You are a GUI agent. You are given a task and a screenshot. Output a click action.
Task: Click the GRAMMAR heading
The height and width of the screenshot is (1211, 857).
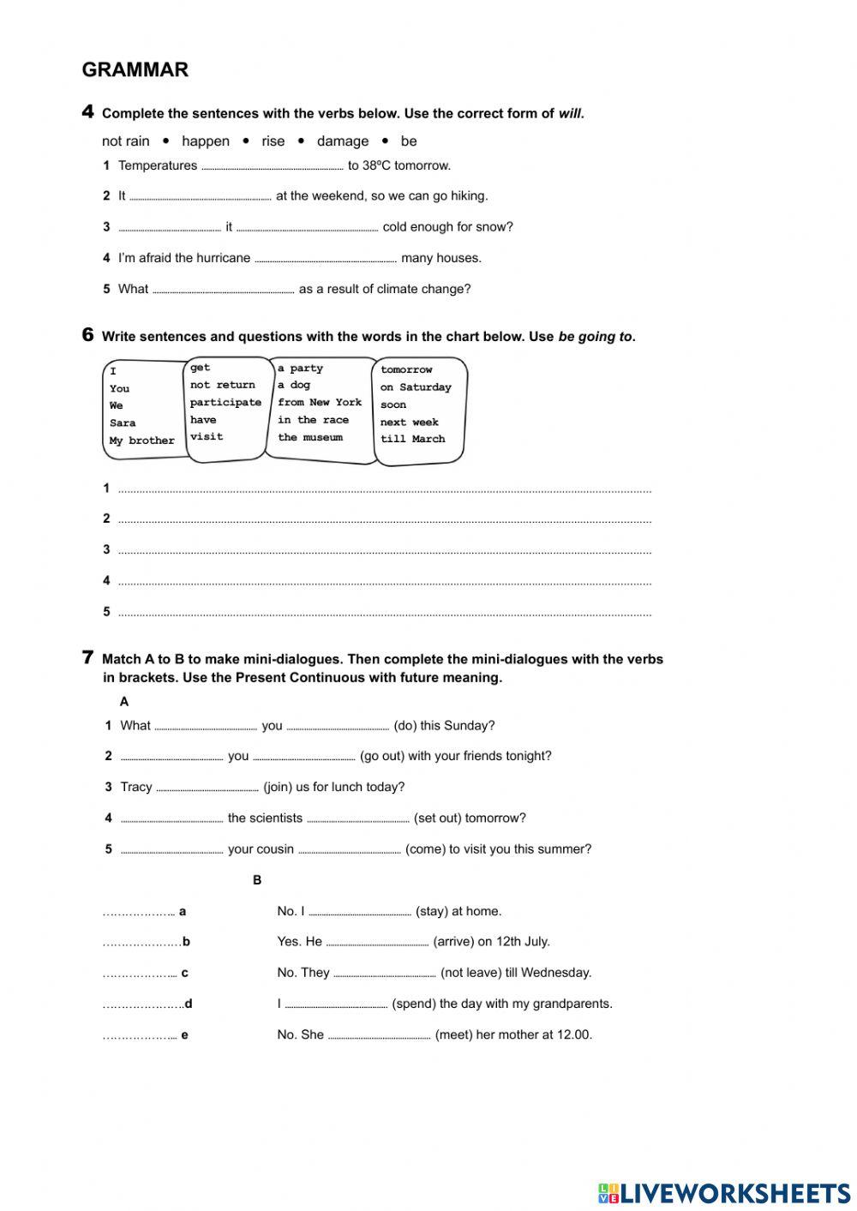click(135, 70)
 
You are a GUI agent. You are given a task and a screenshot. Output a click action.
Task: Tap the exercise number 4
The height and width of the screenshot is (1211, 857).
click(87, 111)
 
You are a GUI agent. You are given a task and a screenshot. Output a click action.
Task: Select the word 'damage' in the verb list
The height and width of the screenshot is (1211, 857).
click(342, 141)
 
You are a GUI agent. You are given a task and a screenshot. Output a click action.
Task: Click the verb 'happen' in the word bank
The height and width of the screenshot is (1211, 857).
click(205, 141)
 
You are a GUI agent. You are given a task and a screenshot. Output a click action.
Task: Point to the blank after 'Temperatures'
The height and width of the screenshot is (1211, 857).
click(272, 167)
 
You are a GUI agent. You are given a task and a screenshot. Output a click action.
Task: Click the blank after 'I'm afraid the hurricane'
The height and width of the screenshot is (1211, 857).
click(326, 260)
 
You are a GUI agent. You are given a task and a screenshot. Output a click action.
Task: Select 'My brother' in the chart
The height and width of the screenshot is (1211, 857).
click(141, 441)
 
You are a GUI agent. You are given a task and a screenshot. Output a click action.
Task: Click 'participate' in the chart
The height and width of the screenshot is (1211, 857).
click(225, 403)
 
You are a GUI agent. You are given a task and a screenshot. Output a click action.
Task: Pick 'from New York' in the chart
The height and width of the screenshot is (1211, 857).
click(319, 403)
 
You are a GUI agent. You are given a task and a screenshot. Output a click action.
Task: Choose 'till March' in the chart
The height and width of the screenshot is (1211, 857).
click(412, 439)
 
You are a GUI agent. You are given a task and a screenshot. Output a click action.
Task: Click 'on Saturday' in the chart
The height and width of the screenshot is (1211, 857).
click(415, 387)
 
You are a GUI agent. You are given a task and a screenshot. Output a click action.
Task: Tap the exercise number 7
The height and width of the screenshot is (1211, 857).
click(87, 658)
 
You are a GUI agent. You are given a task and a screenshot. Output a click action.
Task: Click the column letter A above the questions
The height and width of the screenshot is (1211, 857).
click(124, 702)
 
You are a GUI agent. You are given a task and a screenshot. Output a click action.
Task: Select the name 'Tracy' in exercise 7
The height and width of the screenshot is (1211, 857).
click(135, 787)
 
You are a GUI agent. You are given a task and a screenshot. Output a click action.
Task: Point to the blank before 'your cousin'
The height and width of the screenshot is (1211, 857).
click(171, 851)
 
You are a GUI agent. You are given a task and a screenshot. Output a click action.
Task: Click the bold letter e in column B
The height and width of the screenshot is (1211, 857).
click(184, 1035)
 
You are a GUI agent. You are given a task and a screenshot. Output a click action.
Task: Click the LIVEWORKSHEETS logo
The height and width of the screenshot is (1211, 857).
click(723, 1192)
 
